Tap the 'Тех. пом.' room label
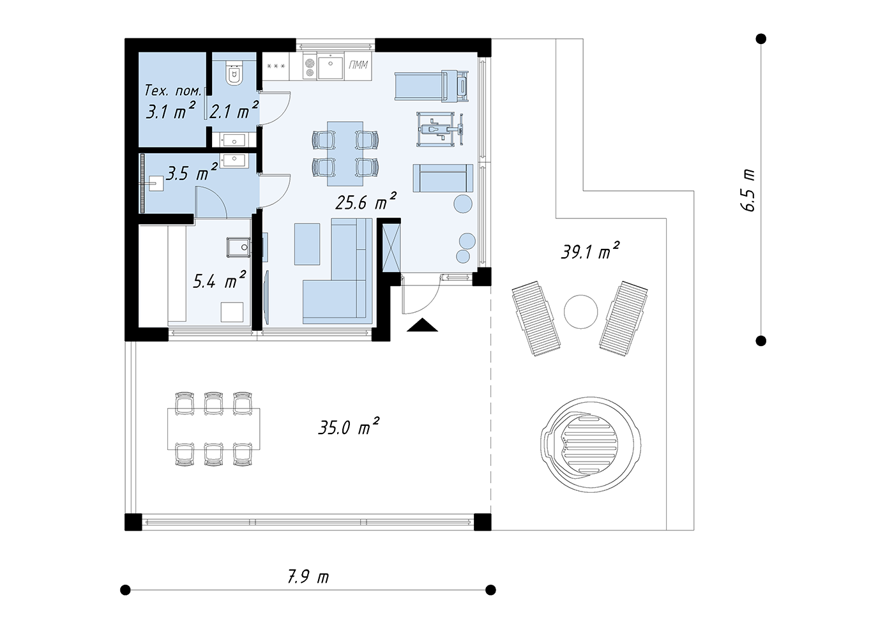(173, 91)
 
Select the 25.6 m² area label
(365, 202)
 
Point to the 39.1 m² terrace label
(590, 250)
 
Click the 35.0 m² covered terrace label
(349, 426)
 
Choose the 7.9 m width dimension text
(308, 577)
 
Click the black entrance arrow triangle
(422, 325)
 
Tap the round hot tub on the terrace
(591, 444)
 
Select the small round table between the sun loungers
(580, 312)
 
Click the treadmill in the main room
(432, 86)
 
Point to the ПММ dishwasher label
(358, 64)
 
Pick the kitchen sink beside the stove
(331, 68)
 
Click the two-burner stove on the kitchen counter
(309, 68)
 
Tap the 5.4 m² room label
(219, 280)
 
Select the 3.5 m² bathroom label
(192, 172)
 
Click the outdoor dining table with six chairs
(213, 429)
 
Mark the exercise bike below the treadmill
(440, 129)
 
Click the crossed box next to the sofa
(391, 248)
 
